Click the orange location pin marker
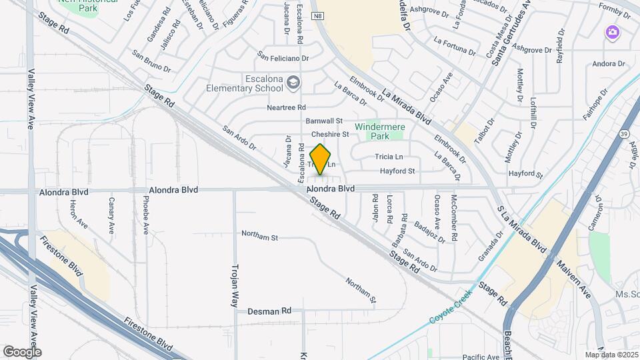click(321, 159)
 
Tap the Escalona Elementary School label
click(244, 82)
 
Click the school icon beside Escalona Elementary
click(293, 83)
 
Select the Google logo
click(22, 351)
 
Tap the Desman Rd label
click(269, 311)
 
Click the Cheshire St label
click(326, 134)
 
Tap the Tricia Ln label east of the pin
click(389, 157)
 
